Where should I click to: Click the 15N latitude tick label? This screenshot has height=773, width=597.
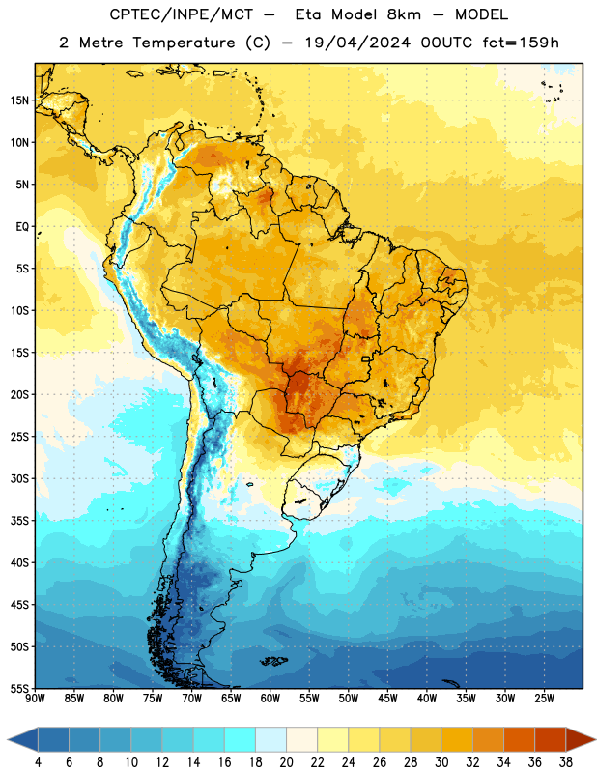coord(19,100)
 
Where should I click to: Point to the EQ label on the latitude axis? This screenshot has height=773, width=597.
coord(22,227)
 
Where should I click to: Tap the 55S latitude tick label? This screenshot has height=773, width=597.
coord(19,688)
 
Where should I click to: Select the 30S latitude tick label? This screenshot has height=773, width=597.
coord(19,478)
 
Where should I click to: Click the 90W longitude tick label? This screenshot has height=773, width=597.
coord(35,699)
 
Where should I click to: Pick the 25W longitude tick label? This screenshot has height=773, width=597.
coord(545,699)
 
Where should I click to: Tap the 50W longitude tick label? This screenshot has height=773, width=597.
coord(349,699)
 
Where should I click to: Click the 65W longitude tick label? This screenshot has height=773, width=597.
coord(231,699)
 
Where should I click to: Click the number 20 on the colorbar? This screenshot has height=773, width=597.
coord(286,762)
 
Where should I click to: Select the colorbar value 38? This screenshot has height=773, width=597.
coord(566,762)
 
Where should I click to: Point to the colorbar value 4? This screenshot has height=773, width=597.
coord(38,762)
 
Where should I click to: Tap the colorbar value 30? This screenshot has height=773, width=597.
coord(441,762)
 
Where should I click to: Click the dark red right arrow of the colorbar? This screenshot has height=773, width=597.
coord(581,739)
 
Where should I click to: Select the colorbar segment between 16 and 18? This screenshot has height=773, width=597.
coord(241,739)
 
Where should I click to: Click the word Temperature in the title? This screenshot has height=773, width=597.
coord(184,43)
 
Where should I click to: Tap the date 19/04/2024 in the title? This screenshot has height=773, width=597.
coord(357,43)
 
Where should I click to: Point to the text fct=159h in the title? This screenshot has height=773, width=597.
coord(521,43)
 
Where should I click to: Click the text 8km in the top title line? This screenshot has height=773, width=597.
coord(404,14)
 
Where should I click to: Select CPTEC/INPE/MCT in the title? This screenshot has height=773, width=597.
coord(182,15)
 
